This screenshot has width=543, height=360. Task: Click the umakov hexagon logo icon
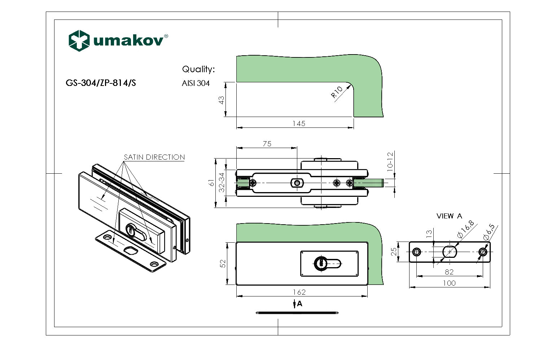[79, 40]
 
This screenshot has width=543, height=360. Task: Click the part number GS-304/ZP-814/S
[101, 83]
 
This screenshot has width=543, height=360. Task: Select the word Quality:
[198, 69]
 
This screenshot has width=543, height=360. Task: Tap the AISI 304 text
[196, 83]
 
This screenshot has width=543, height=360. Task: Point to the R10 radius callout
[337, 92]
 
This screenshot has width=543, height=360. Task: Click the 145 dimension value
[299, 123]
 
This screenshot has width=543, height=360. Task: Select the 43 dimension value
[222, 100]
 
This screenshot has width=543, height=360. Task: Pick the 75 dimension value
[267, 144]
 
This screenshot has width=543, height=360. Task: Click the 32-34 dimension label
[222, 182]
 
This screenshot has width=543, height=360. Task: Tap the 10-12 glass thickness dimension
[390, 161]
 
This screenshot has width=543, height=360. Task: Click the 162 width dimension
[299, 292]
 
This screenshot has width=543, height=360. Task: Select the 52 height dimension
[223, 264]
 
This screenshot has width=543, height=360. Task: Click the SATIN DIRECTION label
[154, 157]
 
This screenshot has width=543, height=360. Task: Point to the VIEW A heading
[449, 216]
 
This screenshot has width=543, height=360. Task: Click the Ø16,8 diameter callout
[465, 229]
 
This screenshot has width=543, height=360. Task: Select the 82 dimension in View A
[449, 272]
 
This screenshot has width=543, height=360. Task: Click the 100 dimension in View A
[449, 283]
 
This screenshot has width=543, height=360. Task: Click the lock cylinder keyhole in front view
[320, 263]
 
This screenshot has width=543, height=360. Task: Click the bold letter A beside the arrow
[299, 304]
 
